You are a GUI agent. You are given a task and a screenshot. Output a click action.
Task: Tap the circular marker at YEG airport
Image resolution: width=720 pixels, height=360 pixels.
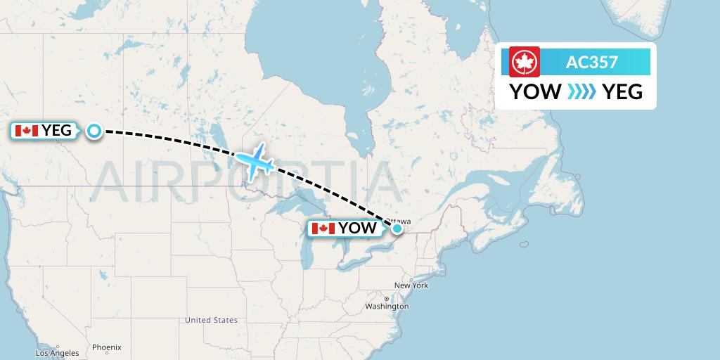tap(94, 130)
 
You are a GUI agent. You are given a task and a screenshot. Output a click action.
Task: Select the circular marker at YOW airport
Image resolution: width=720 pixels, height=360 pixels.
tap(397, 228)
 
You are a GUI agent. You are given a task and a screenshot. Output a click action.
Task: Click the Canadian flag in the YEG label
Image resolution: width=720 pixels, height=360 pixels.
tap(26, 130)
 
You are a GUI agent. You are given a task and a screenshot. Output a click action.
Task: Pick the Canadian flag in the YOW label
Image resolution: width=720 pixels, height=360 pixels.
tap(323, 228)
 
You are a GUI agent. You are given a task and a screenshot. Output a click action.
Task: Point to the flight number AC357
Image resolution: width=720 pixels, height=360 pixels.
tap(592, 62)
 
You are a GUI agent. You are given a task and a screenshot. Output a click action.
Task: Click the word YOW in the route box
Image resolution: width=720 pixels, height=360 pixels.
tap(535, 91)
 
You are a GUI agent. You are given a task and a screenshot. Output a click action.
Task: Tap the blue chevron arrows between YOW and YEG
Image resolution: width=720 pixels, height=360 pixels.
tap(581, 91)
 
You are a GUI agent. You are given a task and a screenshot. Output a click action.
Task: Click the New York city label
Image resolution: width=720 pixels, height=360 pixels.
tap(411, 285)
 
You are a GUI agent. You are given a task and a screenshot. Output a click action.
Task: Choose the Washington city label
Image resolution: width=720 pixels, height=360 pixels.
tap(387, 307)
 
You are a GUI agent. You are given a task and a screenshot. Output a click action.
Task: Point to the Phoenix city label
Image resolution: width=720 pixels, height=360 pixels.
tap(107, 347)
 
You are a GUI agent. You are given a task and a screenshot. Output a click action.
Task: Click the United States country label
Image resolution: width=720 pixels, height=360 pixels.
tap(211, 320)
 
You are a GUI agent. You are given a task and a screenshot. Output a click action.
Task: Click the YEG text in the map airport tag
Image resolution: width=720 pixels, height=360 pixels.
tap(57, 130)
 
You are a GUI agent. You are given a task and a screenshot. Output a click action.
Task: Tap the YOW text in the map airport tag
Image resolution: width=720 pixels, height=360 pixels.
tap(357, 228)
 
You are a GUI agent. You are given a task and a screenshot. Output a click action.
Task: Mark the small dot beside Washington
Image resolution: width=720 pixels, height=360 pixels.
tap(386, 300)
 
